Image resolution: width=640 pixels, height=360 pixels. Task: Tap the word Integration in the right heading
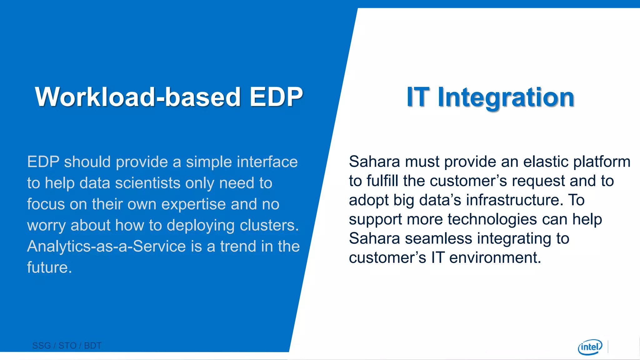[x=506, y=97]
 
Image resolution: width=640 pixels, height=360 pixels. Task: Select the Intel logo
[x=590, y=347]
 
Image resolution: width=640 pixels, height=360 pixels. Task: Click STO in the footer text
[x=67, y=346]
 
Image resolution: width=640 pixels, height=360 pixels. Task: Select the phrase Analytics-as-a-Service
[x=107, y=246]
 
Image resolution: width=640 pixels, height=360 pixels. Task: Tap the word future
[x=49, y=267]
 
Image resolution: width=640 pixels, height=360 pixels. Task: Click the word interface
[x=267, y=162]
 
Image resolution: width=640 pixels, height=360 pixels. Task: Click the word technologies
[x=492, y=220]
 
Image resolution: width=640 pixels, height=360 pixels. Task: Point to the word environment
[x=495, y=258]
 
